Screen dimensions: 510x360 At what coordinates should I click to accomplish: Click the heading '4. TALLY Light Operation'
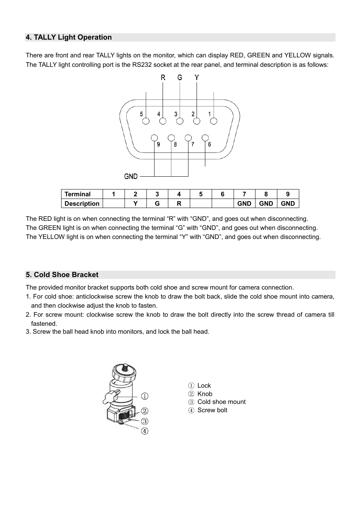(x=69, y=37)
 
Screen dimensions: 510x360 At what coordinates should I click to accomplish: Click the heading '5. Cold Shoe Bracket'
(x=62, y=275)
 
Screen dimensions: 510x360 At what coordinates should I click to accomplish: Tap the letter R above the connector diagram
(x=163, y=77)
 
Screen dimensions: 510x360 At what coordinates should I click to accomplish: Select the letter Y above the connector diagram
(x=197, y=77)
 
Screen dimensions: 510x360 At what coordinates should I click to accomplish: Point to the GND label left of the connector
(x=131, y=176)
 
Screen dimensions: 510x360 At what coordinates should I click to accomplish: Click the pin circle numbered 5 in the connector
(x=146, y=121)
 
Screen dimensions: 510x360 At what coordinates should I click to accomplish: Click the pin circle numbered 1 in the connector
(x=214, y=121)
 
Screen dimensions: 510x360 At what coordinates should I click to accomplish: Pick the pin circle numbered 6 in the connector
(x=205, y=138)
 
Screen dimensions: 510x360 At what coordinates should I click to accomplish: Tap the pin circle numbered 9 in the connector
(x=154, y=138)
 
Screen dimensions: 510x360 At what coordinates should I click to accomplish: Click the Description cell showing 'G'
(x=157, y=203)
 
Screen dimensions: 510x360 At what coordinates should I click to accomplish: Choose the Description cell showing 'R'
(x=179, y=203)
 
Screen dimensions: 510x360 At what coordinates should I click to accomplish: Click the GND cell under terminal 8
(x=266, y=203)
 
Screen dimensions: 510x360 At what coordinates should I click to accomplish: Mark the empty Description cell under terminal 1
(x=114, y=203)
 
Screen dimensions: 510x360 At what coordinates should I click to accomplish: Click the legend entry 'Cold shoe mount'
(x=221, y=402)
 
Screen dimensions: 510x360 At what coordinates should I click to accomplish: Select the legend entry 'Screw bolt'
(x=212, y=410)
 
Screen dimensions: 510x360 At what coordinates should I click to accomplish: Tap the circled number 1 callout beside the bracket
(x=145, y=396)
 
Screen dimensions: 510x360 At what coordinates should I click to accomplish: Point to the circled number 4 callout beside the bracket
(x=145, y=431)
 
